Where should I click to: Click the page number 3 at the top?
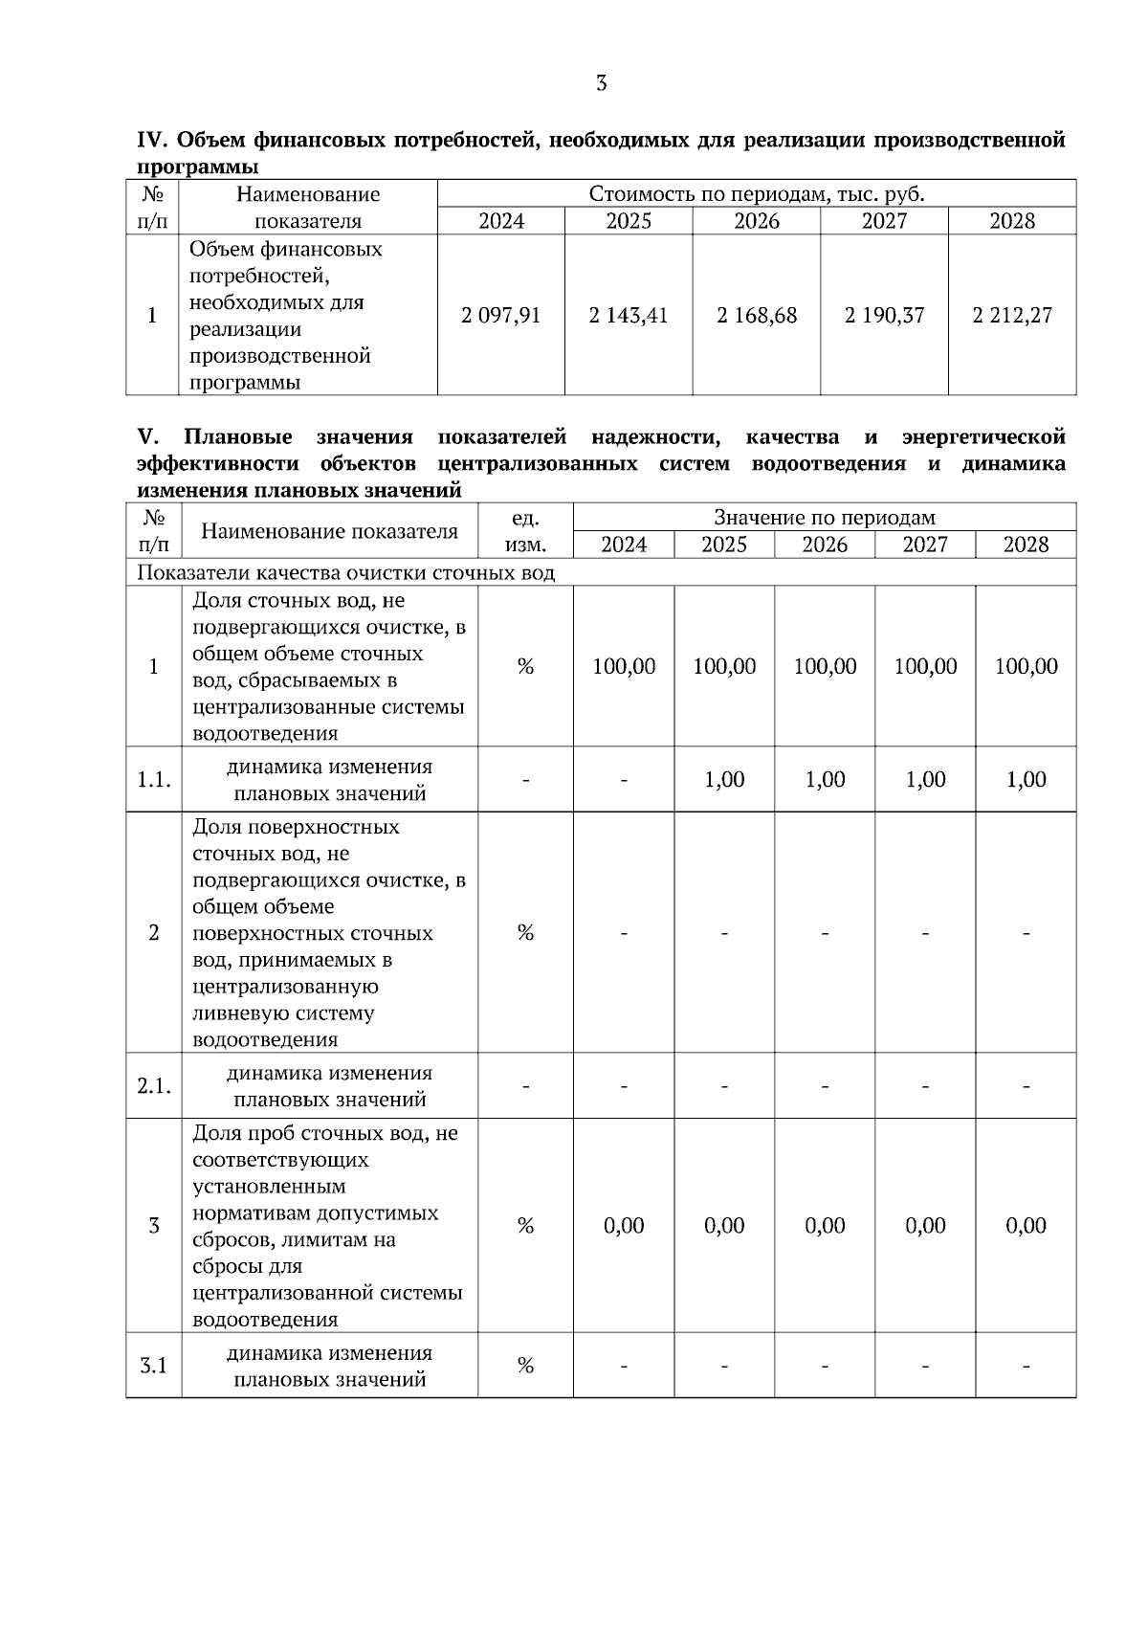point(601,83)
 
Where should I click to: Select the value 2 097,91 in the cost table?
point(500,316)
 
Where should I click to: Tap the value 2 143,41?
point(629,316)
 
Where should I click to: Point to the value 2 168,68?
point(757,316)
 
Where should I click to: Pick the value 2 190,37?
point(884,316)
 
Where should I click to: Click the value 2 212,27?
point(1012,316)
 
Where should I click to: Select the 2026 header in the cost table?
point(757,221)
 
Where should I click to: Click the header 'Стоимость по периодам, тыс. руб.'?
point(756,194)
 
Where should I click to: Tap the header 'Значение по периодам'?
point(824,518)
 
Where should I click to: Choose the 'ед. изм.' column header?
point(525,531)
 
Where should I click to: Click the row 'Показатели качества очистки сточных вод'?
point(345,572)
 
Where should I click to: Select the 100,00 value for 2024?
point(624,666)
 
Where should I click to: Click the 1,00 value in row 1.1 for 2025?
point(724,779)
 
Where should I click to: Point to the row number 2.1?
point(154,1086)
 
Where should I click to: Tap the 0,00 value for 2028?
point(1026,1226)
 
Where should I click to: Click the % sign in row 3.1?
point(525,1366)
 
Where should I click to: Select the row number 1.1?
point(154,779)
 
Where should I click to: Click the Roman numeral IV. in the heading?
point(153,141)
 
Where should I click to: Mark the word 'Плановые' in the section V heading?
point(238,437)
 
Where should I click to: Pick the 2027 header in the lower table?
point(925,545)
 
